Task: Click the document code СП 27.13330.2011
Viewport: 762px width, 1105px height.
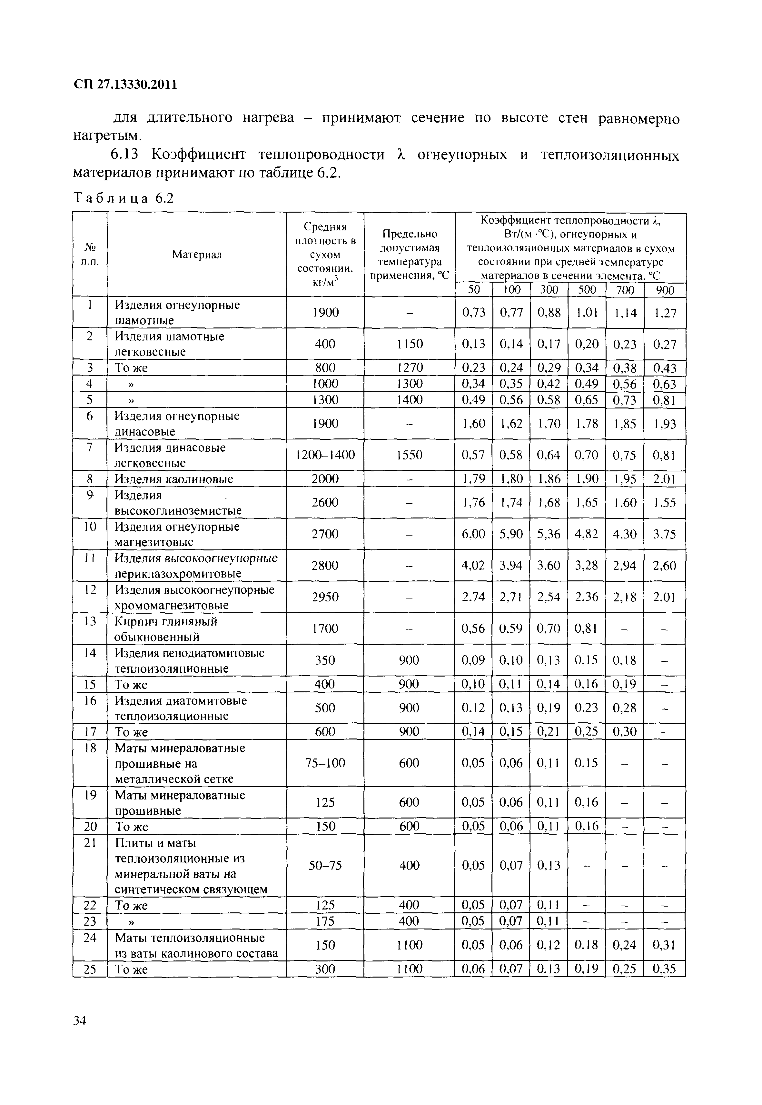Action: click(125, 85)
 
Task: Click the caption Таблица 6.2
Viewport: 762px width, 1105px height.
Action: click(123, 198)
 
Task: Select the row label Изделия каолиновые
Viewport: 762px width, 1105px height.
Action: click(174, 479)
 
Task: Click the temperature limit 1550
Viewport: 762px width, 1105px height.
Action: click(409, 455)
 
